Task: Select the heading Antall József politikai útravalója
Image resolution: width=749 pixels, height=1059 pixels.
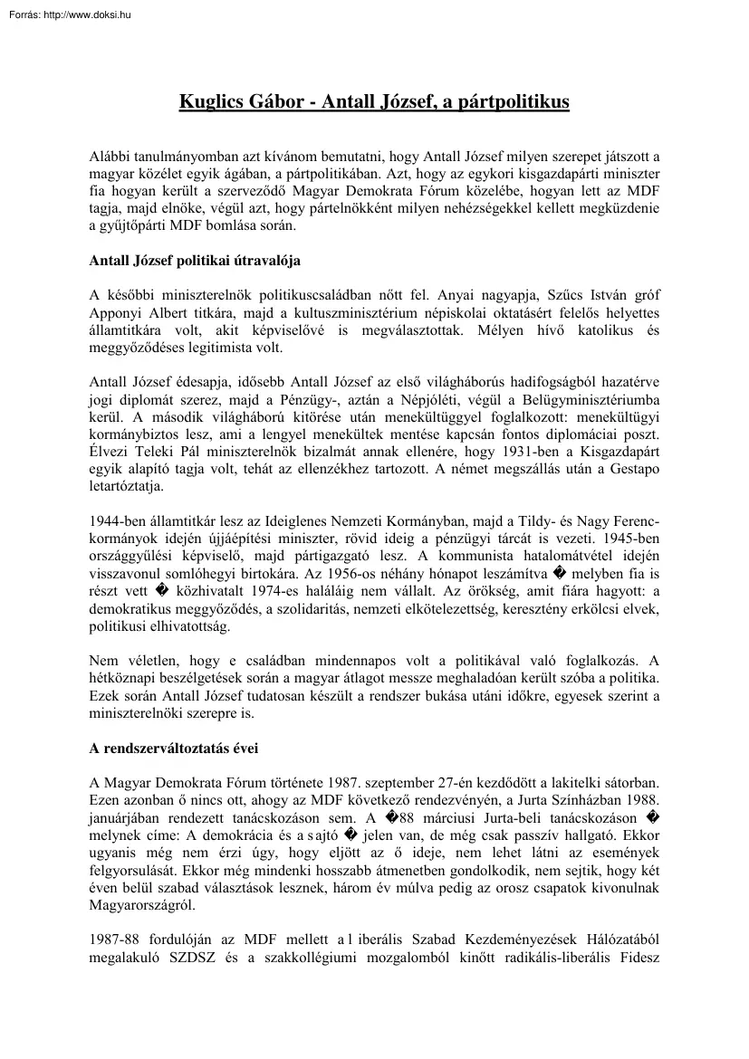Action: (195, 261)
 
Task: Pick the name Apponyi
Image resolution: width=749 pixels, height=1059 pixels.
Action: (116, 312)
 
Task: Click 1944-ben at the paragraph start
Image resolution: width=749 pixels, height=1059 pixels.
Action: (119, 520)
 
